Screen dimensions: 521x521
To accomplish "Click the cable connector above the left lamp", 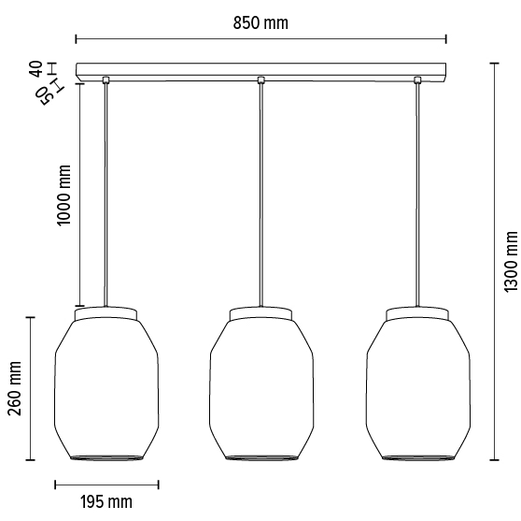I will [106, 80].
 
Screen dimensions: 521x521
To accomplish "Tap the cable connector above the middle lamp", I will [260, 80].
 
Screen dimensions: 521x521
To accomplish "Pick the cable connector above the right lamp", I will [415, 80].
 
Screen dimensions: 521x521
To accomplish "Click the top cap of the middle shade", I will [260, 311].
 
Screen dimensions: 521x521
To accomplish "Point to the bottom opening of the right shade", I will [415, 457].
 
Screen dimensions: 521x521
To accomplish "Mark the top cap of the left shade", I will [106, 311].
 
